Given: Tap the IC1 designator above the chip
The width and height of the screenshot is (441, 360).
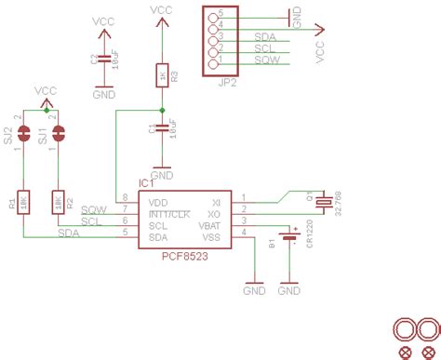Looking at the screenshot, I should [x=146, y=186].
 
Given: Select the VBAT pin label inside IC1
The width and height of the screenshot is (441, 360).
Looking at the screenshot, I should [x=209, y=225].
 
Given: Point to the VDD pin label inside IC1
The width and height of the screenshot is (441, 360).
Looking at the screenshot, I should [x=159, y=201].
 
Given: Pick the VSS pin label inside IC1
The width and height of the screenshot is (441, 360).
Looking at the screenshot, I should [x=210, y=237].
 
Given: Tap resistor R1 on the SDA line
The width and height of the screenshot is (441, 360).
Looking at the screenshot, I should [x=24, y=200].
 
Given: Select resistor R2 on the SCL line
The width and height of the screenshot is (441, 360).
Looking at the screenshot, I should [x=57, y=200].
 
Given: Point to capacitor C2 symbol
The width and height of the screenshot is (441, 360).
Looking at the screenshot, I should [x=104, y=60].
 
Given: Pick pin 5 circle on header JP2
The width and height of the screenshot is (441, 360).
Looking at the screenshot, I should [x=212, y=17].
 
